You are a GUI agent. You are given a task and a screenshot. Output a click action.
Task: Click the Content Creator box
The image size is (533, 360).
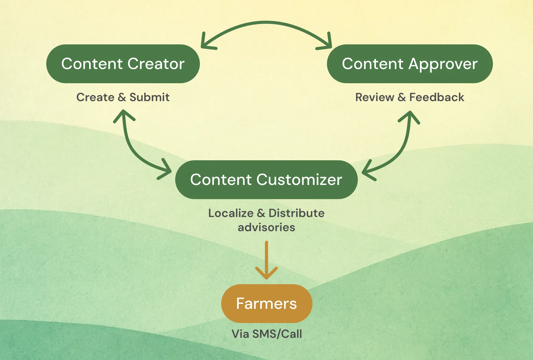(x=123, y=64)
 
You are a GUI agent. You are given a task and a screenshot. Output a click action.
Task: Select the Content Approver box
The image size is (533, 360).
(x=410, y=64)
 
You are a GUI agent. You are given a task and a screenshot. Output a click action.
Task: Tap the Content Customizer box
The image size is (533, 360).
(x=266, y=180)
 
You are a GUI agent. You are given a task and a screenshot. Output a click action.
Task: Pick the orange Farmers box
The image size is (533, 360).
(x=266, y=304)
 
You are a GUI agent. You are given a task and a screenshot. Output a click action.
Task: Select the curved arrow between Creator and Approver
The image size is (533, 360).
(x=266, y=22)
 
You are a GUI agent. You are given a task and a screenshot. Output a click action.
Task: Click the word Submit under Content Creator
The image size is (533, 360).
(x=149, y=97)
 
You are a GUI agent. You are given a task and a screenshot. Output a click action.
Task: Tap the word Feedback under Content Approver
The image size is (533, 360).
(x=436, y=97)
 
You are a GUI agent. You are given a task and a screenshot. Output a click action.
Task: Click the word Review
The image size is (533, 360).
(x=374, y=97)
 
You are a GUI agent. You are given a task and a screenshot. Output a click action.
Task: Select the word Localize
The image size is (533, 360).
(x=231, y=213)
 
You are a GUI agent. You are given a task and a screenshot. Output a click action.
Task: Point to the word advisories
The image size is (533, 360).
(x=266, y=227)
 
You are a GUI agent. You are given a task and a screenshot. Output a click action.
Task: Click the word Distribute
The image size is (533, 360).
(x=296, y=213)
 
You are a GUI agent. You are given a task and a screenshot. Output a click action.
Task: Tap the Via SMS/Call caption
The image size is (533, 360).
(x=266, y=334)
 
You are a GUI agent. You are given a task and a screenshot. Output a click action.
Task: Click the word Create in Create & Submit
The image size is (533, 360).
(x=95, y=97)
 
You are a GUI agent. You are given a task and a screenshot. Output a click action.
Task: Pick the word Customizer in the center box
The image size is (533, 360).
(x=299, y=180)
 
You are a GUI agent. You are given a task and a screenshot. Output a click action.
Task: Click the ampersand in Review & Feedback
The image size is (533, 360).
(x=402, y=97)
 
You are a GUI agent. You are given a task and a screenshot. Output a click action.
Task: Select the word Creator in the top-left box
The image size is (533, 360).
(x=156, y=64)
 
